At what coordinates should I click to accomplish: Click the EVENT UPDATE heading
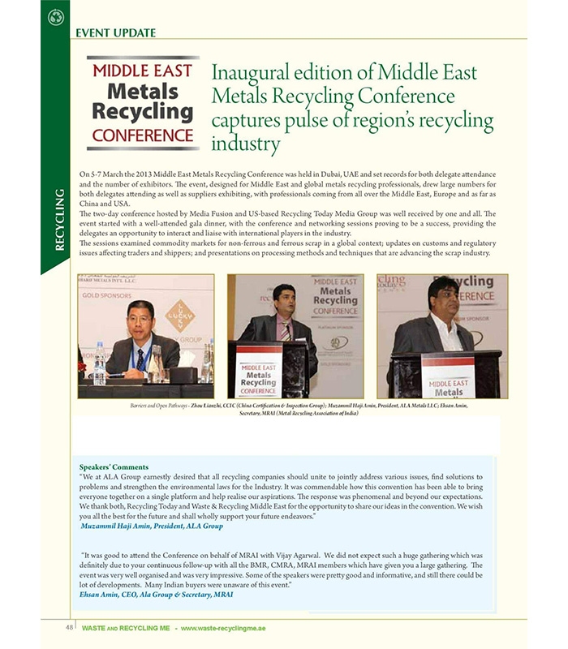pyautogui.click(x=115, y=33)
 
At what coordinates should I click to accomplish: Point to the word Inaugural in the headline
pyautogui.click(x=247, y=72)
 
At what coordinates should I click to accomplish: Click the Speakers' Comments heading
pyautogui.click(x=114, y=466)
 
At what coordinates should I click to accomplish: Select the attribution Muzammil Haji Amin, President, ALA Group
pyautogui.click(x=152, y=526)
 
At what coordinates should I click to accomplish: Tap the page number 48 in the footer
pyautogui.click(x=71, y=627)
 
